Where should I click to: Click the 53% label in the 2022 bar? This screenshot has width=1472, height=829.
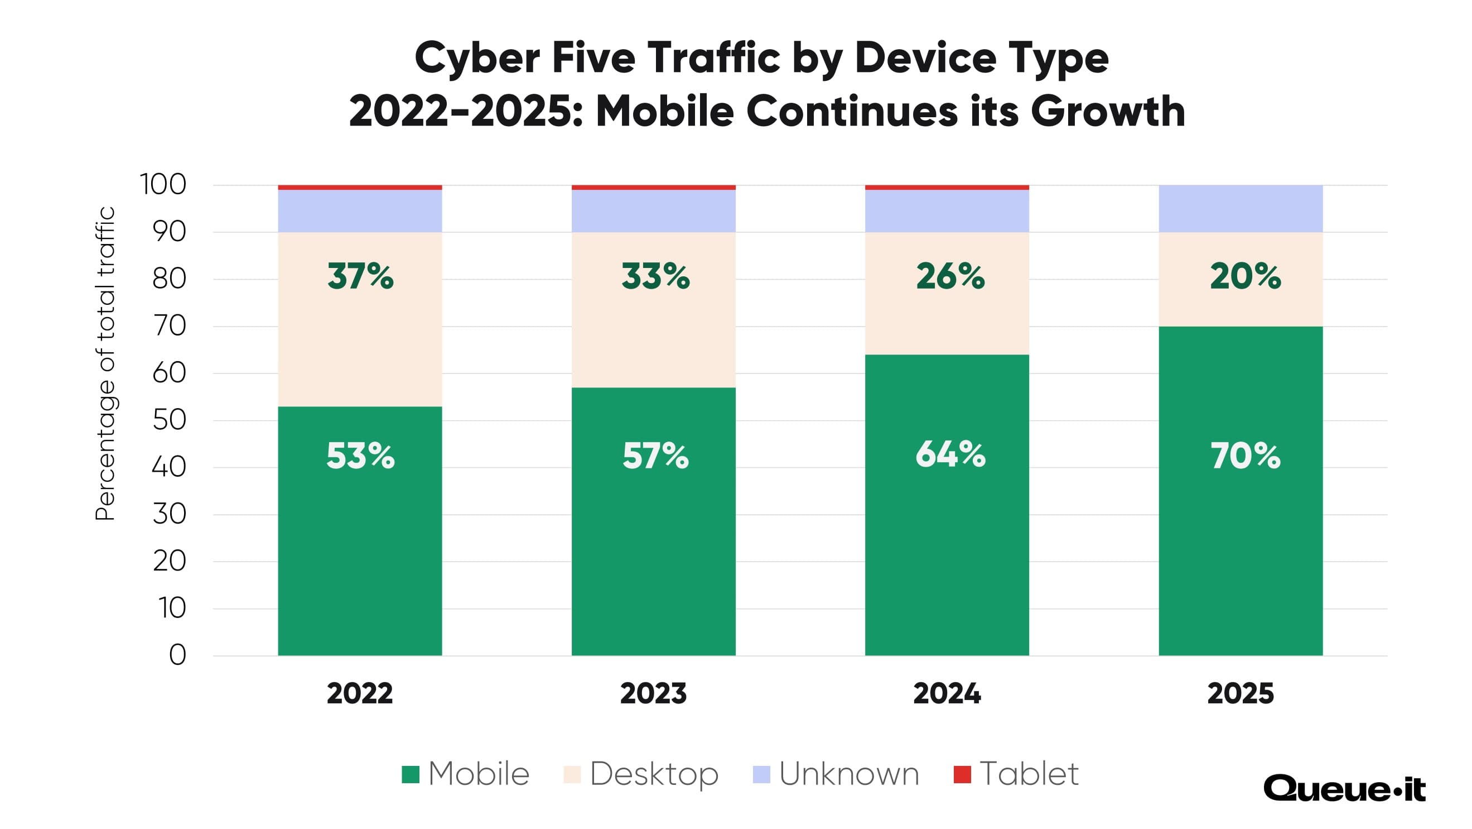point(360,456)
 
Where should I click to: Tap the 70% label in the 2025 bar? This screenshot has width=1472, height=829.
point(1245,456)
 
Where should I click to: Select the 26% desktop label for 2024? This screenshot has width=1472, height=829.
point(950,277)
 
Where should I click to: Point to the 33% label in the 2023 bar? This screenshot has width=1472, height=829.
point(655,277)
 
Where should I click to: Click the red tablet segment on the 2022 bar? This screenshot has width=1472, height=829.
point(360,188)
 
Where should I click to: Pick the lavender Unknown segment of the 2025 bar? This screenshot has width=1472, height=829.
point(1241,209)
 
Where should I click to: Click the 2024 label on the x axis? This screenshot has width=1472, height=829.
point(947,694)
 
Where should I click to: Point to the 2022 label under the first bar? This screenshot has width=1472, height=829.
point(360,694)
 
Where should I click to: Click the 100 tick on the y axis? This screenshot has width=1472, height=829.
point(163,185)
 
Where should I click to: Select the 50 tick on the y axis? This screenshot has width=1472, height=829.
point(169,421)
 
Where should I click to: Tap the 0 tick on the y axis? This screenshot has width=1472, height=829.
point(178,655)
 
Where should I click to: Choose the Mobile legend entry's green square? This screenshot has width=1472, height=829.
point(411,775)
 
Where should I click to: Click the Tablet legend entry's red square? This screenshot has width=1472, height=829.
point(962,775)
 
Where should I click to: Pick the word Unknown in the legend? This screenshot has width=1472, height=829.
point(849,775)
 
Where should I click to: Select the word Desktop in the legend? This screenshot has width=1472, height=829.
point(654,775)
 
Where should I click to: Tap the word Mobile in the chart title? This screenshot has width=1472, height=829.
point(664,112)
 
